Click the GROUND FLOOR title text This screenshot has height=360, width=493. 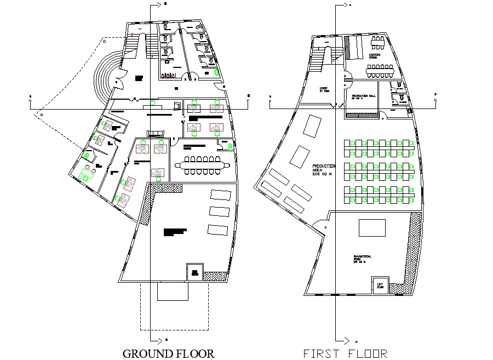pyautogui.click(x=168, y=353)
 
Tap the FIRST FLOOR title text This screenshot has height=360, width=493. pyautogui.click(x=345, y=353)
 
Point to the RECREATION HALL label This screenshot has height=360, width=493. pyautogui.click(x=364, y=96)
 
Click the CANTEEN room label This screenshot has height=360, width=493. pyautogui.click(x=375, y=55)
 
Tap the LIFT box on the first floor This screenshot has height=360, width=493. pyautogui.click(x=380, y=285)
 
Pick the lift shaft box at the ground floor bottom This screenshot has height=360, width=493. pyautogui.click(x=194, y=272)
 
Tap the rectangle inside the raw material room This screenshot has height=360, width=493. pyautogui.click(x=372, y=227)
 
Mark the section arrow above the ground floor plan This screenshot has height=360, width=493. pyautogui.click(x=159, y=4)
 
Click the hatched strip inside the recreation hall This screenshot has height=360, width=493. pyautogui.click(x=362, y=115)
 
